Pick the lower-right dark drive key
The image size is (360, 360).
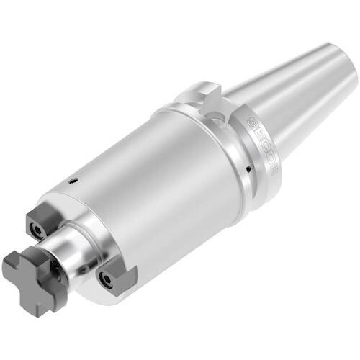click(115, 276)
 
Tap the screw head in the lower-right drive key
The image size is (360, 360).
click(108, 281)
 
